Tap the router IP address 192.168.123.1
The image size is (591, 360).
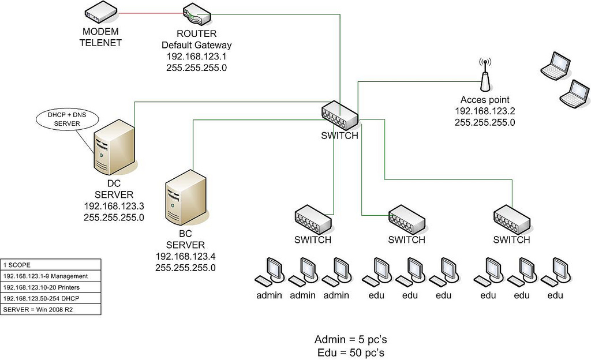pyautogui.click(x=197, y=56)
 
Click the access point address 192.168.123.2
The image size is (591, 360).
pyautogui.click(x=485, y=111)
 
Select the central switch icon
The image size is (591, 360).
pyautogui.click(x=339, y=114)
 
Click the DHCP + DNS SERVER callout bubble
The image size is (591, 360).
pyautogui.click(x=59, y=119)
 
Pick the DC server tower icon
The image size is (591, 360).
pyautogui.click(x=114, y=148)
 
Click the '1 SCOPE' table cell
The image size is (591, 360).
pyautogui.click(x=51, y=265)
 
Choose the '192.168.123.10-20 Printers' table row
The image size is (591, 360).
pyautogui.click(x=51, y=287)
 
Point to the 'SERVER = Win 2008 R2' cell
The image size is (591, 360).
pyautogui.click(x=51, y=309)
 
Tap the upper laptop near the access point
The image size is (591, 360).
pyautogui.click(x=555, y=65)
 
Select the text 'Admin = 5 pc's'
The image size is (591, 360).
pyautogui.click(x=349, y=339)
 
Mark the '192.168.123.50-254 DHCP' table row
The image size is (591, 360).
pyautogui.click(x=51, y=298)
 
